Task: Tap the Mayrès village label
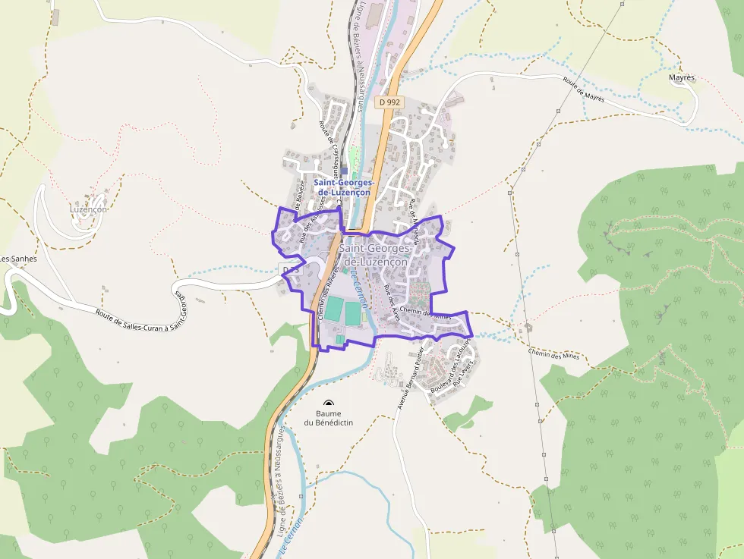coord(682,77)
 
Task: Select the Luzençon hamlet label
coord(88,209)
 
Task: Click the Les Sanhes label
coord(14,259)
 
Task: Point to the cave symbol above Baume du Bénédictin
coord(328,404)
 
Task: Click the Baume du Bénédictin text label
coord(328,418)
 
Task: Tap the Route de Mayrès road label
coord(584,91)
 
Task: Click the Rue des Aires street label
coord(392,304)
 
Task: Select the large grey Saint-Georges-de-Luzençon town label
coord(375,255)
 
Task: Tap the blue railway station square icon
coord(344,171)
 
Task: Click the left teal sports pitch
coord(335,308)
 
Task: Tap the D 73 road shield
coord(291,270)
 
